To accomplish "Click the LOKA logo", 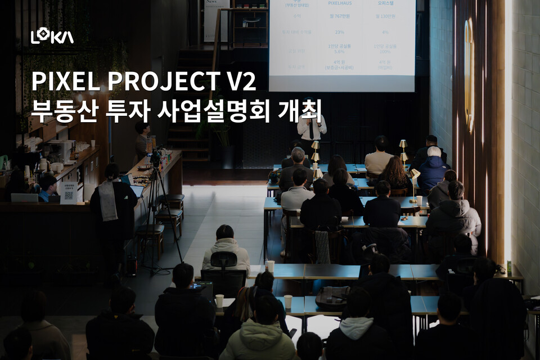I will [x=52, y=37].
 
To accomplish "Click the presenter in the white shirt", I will [x=311, y=128].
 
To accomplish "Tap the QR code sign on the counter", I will [x=68, y=193].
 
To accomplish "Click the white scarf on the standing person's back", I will [x=108, y=200].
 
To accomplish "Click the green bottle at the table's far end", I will [x=509, y=267].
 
